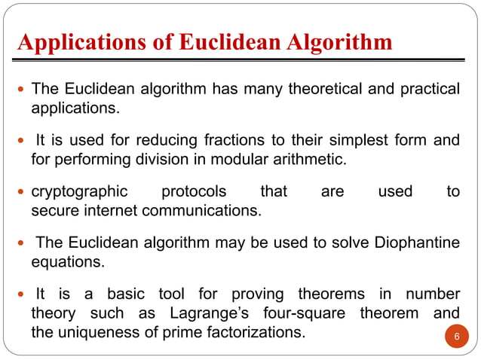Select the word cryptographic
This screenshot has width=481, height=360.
click(79, 192)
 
